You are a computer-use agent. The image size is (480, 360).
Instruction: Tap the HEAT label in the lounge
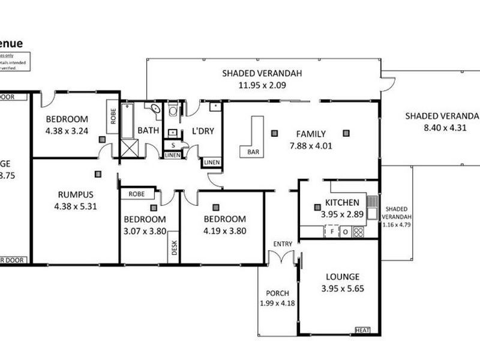click(363, 330)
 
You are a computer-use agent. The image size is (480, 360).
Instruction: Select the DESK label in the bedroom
click(175, 247)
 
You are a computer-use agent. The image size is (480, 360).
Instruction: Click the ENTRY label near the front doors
click(283, 244)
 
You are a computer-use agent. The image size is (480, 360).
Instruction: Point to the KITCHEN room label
click(342, 202)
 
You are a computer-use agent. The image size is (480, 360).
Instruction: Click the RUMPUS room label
click(75, 194)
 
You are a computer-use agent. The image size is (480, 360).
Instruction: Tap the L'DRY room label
click(203, 131)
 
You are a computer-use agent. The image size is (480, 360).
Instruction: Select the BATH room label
click(148, 130)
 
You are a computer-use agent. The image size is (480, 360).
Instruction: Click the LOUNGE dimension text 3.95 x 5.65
click(343, 288)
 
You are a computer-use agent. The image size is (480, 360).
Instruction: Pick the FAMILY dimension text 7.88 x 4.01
click(310, 145)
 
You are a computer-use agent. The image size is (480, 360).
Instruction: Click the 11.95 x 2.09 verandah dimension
click(262, 85)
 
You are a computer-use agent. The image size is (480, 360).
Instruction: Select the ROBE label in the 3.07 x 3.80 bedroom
click(137, 194)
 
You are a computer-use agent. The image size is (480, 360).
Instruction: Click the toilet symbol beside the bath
click(173, 110)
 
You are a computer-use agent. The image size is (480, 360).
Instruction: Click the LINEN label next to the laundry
click(211, 163)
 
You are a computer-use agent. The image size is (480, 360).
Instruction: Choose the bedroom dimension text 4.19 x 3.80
click(224, 230)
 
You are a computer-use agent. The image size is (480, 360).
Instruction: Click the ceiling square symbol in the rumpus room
click(97, 174)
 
